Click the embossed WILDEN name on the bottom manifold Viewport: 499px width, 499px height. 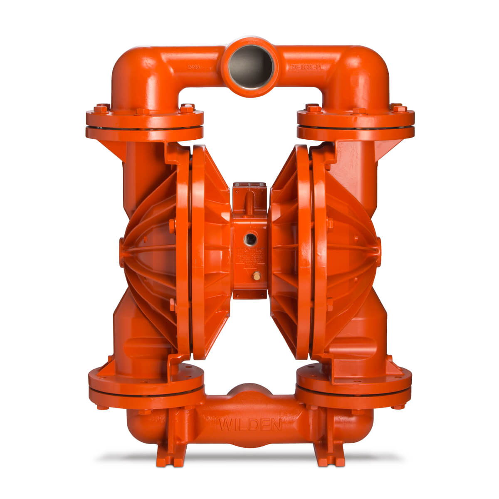[249, 425]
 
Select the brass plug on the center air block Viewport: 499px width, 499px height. [257, 275]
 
